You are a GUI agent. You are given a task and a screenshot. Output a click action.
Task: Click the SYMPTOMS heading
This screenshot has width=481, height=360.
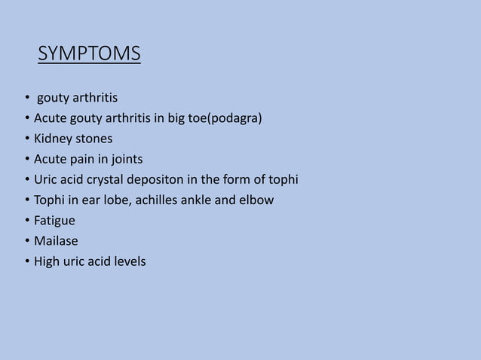point(89,55)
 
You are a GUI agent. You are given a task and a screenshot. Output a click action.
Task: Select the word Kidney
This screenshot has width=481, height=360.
point(53,139)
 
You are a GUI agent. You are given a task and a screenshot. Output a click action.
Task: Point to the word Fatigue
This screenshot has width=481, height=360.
point(54,221)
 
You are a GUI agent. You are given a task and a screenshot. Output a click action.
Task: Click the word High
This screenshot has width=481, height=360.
point(47,262)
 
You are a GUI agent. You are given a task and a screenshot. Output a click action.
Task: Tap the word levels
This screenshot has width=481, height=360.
point(130,262)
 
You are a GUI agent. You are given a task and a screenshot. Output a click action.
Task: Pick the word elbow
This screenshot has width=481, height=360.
point(258,200)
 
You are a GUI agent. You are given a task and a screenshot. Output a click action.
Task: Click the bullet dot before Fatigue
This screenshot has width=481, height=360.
point(26,221)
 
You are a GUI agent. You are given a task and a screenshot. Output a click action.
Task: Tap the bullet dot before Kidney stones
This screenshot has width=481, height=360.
point(26,140)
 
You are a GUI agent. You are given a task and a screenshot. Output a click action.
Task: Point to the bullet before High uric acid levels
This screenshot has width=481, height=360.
point(26,262)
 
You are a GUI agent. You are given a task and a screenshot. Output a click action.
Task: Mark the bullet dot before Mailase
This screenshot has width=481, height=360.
point(26,242)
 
